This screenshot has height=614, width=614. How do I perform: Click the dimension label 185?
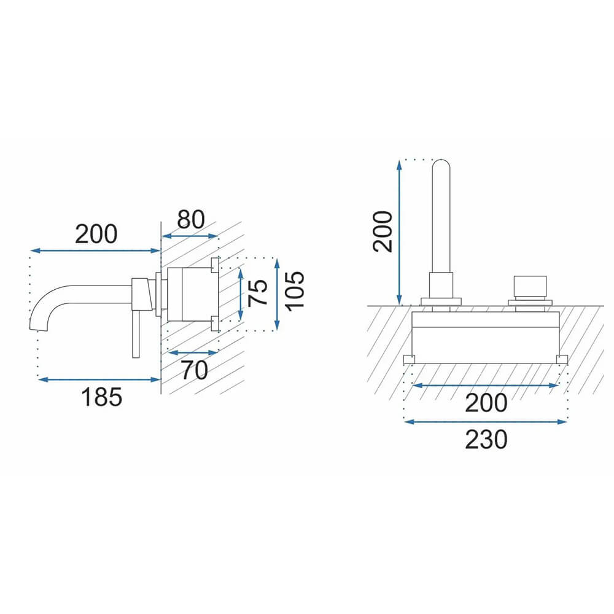101,397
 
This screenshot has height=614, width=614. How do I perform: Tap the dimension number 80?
191,219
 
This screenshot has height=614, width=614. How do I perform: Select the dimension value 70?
194,370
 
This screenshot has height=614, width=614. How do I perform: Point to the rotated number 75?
258,292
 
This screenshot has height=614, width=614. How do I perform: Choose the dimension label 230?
486,440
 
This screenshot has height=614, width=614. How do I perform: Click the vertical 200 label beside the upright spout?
383,231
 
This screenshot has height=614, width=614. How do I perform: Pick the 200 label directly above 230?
486,403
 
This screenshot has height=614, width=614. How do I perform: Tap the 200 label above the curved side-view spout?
96,234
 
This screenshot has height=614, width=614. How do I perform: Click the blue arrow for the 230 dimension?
486,422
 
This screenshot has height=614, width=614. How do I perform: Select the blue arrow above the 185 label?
99,379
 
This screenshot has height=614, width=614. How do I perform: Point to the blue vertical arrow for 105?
278,294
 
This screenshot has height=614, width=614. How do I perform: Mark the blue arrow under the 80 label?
190,236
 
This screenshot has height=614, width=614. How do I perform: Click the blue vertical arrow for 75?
241,293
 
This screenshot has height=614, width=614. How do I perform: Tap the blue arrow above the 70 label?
193,352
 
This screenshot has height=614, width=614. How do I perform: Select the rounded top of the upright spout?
441,165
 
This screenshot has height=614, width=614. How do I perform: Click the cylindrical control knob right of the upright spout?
530,287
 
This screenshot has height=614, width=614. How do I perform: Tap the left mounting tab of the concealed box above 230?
409,359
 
